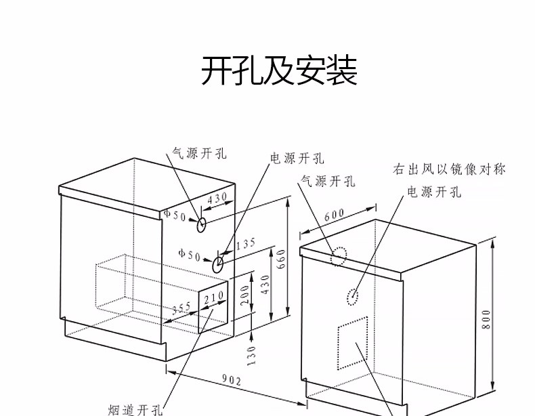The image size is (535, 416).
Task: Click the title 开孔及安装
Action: point(278,71)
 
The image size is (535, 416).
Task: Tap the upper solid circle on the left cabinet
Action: point(202,221)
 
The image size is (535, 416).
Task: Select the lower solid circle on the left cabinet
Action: point(219,264)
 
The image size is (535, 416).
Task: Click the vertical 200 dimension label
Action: point(244,294)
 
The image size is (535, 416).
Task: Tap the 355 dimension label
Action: point(181,309)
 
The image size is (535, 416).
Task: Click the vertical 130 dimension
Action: point(252,354)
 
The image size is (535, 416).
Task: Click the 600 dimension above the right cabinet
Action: point(335,216)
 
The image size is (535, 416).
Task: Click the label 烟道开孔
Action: point(135,409)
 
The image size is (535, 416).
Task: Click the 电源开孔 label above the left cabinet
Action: point(297,158)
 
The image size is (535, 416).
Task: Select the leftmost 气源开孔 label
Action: point(198,153)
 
